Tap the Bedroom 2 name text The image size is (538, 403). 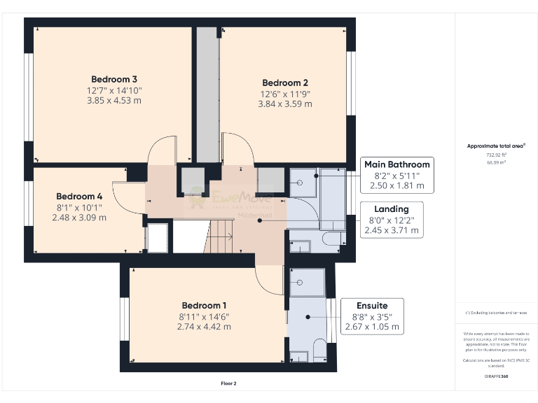(285, 82)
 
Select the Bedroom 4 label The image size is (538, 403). (79, 197)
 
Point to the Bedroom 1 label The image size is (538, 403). (204, 306)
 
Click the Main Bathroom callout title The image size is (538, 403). (396, 164)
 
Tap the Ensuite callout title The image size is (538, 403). (372, 306)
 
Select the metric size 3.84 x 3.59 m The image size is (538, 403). (285, 104)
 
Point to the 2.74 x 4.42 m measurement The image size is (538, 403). (204, 327)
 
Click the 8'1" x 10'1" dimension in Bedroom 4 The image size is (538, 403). (79, 207)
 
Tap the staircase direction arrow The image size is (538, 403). (223, 237)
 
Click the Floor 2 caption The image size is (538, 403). (229, 383)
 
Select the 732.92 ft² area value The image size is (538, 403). (497, 155)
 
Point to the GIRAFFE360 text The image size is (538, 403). (497, 376)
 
